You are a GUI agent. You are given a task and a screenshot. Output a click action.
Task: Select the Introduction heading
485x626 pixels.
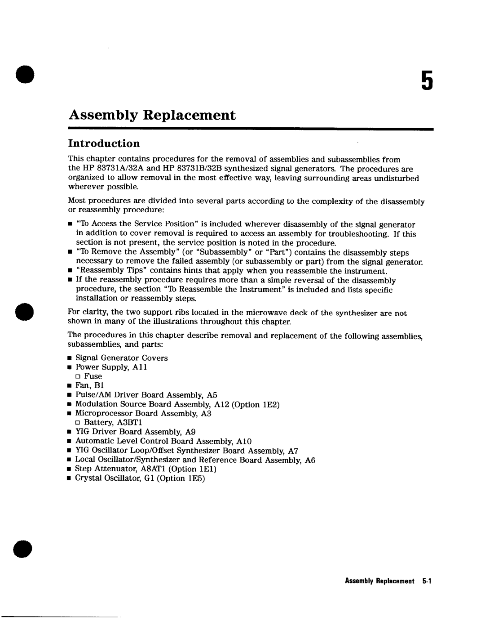pos(104,143)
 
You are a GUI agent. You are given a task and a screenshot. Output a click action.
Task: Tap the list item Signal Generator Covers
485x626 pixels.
pos(121,358)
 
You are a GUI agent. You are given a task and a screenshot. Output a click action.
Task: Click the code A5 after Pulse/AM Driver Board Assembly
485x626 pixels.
pos(212,395)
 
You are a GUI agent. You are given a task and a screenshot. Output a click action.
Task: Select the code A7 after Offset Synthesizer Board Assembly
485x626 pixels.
pos(293,451)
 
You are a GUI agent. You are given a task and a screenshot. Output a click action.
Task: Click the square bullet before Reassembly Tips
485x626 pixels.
pos(70,271)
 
